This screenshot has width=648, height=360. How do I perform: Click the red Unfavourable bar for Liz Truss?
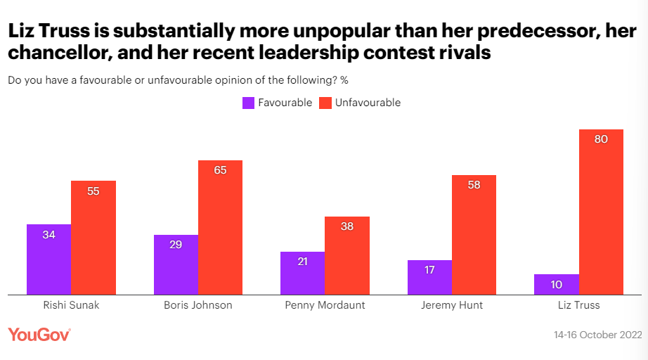601,212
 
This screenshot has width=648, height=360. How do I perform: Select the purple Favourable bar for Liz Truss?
556,284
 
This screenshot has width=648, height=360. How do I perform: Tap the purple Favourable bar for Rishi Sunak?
48,259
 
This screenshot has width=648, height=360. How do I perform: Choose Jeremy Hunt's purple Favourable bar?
429,277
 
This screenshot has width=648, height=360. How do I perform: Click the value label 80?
601,139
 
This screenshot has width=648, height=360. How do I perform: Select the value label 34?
48,235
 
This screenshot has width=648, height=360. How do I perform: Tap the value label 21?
302,262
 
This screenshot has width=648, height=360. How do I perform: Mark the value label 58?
474,185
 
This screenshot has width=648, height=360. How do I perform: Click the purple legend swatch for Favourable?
248,103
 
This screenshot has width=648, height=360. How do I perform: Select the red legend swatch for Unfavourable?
325,103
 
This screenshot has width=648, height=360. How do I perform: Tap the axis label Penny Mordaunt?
324,305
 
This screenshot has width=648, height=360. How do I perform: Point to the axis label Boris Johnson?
197,305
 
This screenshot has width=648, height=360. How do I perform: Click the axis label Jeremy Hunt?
451,305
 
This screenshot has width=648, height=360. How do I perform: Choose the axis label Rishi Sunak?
70,305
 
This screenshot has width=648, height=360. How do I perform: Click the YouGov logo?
39,334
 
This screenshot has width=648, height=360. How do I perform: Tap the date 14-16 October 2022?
597,335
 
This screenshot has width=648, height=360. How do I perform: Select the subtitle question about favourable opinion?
178,79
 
